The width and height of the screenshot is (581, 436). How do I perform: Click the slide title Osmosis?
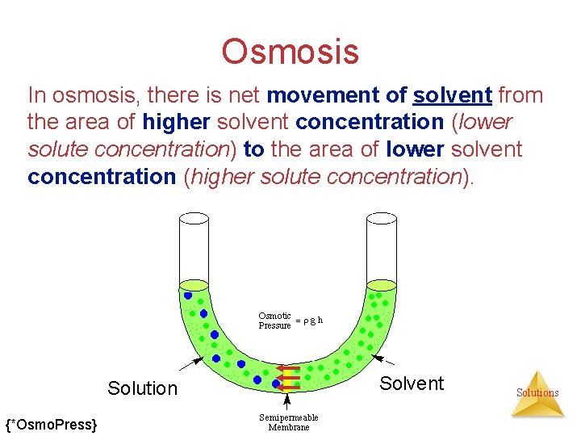[290, 52]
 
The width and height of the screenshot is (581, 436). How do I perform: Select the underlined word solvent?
[452, 95]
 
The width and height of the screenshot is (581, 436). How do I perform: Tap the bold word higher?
[175, 123]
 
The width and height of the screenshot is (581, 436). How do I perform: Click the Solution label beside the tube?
[142, 388]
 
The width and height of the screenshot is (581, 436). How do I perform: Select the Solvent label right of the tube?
[412, 384]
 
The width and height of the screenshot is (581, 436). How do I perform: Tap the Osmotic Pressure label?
[274, 321]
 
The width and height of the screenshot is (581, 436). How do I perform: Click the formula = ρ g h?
[309, 321]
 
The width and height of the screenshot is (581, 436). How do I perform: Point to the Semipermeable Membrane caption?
[288, 422]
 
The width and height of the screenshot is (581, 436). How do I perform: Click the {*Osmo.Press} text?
[52, 424]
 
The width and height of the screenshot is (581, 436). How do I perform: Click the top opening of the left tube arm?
[194, 217]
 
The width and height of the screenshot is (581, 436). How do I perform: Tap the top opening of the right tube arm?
[381, 217]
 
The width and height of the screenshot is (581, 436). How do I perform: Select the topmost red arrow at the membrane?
[286, 368]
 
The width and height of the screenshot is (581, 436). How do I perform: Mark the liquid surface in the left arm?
[194, 285]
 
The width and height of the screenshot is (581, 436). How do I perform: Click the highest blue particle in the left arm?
[188, 296]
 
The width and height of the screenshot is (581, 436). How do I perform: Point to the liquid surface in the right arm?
[381, 285]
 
